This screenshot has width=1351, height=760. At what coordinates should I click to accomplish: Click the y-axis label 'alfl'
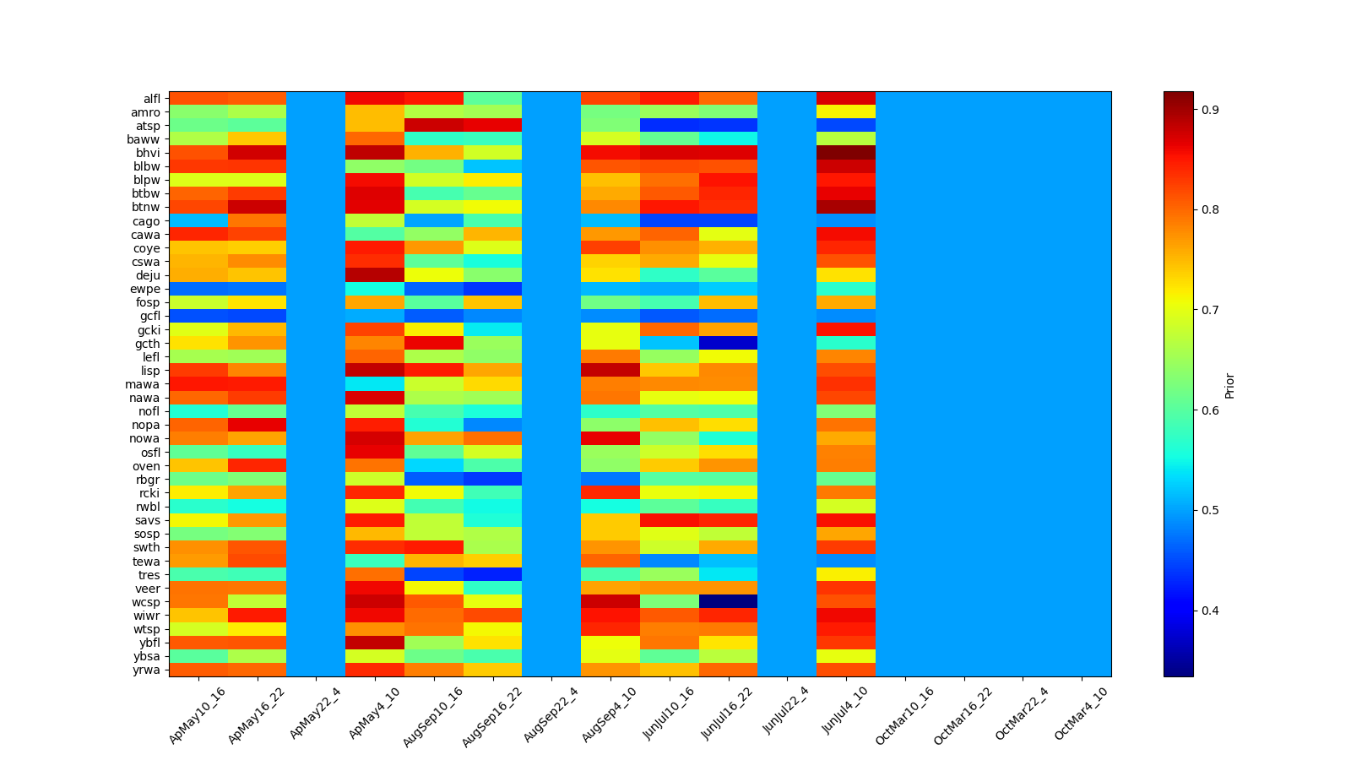(151, 99)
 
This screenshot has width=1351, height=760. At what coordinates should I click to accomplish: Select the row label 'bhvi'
(149, 153)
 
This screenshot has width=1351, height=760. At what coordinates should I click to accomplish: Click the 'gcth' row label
(148, 344)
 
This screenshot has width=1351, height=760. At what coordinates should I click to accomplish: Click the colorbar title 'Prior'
(1229, 384)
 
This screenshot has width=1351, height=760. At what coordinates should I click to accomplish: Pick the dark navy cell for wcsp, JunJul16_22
(728, 602)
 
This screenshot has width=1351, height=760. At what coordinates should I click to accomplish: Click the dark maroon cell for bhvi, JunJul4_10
(846, 153)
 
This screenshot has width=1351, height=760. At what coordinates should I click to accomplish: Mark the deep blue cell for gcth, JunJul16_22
(728, 344)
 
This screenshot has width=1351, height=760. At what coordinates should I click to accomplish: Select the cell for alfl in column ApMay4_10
(375, 99)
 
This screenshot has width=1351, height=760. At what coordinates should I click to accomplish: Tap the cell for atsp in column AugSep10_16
(434, 126)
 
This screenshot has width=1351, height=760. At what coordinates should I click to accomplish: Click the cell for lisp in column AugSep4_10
(610, 371)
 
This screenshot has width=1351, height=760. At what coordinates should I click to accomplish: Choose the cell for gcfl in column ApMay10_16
(198, 316)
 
